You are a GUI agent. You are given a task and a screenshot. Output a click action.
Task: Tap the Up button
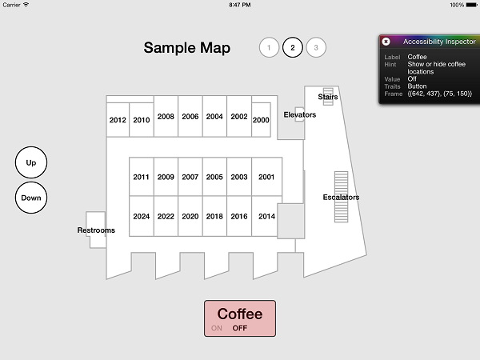[31, 162]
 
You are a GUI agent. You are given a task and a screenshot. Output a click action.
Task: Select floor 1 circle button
[269, 47]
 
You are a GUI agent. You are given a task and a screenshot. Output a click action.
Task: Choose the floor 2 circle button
[292, 47]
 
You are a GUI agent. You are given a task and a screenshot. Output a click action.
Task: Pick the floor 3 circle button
[316, 47]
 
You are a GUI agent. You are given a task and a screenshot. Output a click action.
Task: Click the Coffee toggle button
[240, 318]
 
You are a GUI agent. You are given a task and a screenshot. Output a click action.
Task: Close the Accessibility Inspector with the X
[386, 42]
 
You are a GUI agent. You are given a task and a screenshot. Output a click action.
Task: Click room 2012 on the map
[118, 120]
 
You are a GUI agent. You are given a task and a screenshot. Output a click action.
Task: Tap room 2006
[190, 116]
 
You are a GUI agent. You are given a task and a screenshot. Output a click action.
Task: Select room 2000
[261, 120]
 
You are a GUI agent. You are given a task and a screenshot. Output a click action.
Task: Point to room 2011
[141, 177]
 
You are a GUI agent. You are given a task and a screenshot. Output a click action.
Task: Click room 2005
[214, 177]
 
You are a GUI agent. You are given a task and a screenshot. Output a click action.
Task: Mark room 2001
[266, 177]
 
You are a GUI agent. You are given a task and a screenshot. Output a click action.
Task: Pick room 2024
[141, 217]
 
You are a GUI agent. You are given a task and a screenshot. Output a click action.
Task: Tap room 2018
[214, 217]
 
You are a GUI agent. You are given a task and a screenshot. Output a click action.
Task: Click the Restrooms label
[96, 230]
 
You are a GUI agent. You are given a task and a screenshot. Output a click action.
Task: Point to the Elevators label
[300, 114]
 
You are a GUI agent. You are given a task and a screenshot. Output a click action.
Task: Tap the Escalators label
[341, 197]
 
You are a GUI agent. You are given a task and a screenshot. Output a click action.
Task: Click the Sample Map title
[187, 48]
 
